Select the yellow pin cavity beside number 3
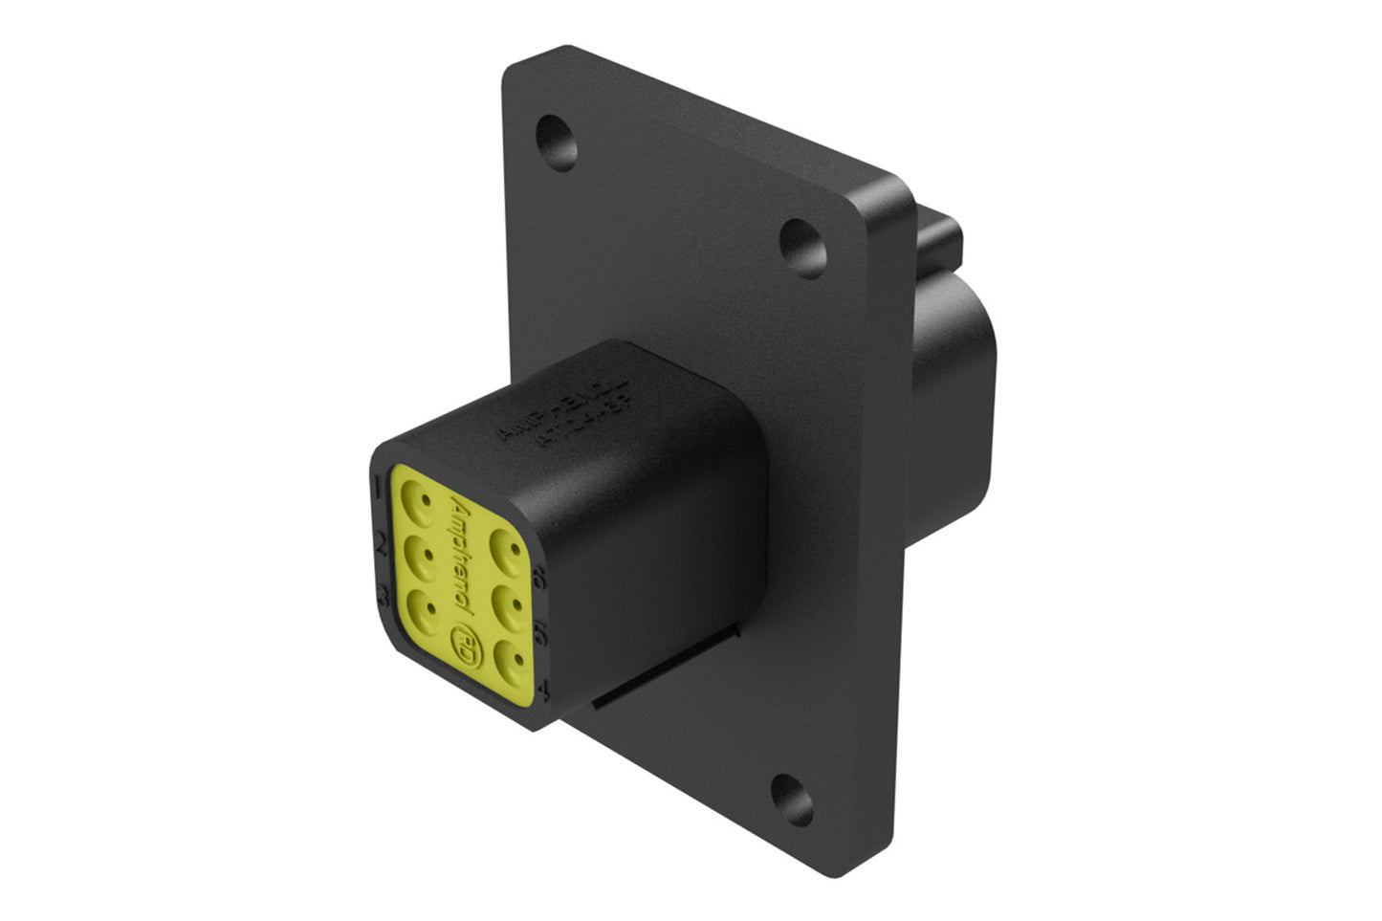click(418, 606)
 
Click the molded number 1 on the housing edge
click(379, 485)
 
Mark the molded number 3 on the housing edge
click(383, 597)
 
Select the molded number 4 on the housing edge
click(545, 689)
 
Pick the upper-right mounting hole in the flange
click(800, 243)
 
